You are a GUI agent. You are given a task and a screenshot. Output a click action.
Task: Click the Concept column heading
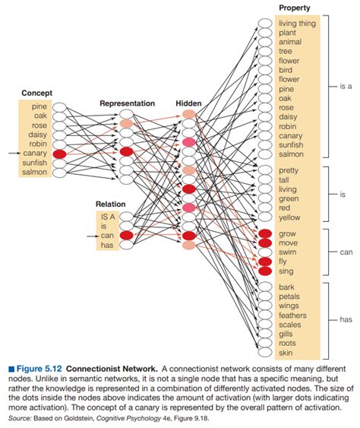(x=36, y=93)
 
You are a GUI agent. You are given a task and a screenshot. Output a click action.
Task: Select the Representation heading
(x=127, y=103)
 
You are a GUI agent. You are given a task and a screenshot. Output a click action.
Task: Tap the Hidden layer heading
(x=188, y=103)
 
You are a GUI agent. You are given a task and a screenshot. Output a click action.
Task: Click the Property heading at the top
(x=294, y=8)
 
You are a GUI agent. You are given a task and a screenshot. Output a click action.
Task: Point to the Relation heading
(x=111, y=204)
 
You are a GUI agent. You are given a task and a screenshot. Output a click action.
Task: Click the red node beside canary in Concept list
(x=59, y=154)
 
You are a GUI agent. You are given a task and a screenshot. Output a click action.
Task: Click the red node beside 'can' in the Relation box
(x=126, y=235)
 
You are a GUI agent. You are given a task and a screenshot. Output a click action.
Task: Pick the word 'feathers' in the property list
(x=292, y=315)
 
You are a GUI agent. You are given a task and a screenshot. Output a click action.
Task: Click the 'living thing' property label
(x=298, y=24)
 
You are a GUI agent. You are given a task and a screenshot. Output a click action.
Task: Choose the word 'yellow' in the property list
(x=289, y=217)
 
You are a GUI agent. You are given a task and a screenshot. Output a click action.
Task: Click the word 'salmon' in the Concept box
(x=34, y=173)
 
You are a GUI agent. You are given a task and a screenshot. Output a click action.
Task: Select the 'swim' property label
(x=288, y=251)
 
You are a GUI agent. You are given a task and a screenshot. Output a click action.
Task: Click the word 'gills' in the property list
(x=286, y=334)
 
